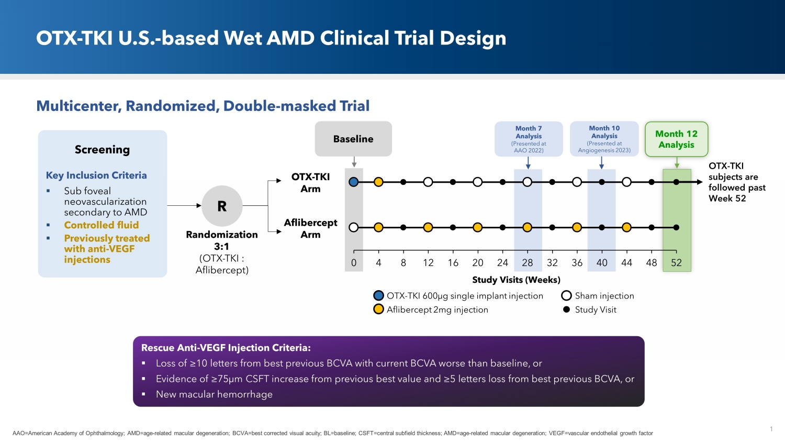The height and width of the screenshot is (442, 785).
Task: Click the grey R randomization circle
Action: pyautogui.click(x=222, y=206)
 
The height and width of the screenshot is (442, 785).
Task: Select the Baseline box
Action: pyautogui.click(x=353, y=139)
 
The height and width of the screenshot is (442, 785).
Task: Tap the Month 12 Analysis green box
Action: pyautogui.click(x=676, y=139)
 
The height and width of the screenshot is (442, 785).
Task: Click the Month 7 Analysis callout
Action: pyautogui.click(x=529, y=139)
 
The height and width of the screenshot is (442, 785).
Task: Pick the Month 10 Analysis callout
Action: pyautogui.click(x=604, y=139)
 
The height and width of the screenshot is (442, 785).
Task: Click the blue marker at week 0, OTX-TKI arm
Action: pyautogui.click(x=354, y=182)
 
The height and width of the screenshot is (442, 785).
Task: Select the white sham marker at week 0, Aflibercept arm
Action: pyautogui.click(x=354, y=227)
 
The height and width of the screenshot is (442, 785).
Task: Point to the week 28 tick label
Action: pyautogui.click(x=528, y=263)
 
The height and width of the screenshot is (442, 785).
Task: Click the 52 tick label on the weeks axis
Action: pyautogui.click(x=676, y=263)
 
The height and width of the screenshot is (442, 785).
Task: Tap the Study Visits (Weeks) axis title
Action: pyautogui.click(x=516, y=280)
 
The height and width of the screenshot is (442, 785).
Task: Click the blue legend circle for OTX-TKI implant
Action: pyautogui.click(x=378, y=296)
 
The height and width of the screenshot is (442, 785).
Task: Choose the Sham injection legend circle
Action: pyautogui.click(x=566, y=296)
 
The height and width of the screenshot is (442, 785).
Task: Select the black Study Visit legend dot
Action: pyautogui.click(x=566, y=310)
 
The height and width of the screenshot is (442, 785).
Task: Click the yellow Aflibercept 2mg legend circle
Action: pyautogui.click(x=378, y=310)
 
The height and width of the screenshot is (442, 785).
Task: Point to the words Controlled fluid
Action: pyautogui.click(x=102, y=225)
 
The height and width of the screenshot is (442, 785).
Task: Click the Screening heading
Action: pyautogui.click(x=102, y=150)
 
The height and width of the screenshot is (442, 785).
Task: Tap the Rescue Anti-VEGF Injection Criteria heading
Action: pyautogui.click(x=226, y=348)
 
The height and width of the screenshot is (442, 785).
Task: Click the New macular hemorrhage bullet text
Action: pyautogui.click(x=214, y=394)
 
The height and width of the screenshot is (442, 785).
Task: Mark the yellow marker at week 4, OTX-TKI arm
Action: pyautogui.click(x=378, y=182)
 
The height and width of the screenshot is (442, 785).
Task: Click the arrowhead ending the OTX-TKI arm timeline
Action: pyautogui.click(x=699, y=182)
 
